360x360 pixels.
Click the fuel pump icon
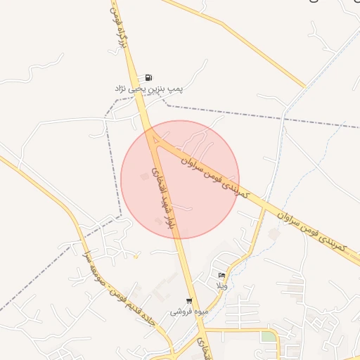pos(148,77)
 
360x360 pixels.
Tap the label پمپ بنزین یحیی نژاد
pos(149,89)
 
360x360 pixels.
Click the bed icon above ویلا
pos(222,275)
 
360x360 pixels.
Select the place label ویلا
pos(222,285)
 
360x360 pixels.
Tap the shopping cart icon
pos(188,301)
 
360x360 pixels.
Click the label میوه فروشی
pos(186,311)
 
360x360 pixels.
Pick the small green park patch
pos(268,337)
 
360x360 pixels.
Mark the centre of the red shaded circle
pos(180,180)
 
